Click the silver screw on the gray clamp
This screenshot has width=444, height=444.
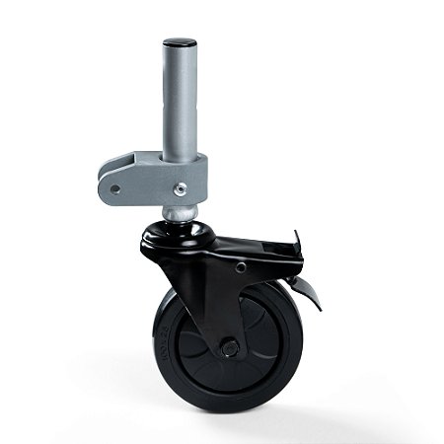[x=180, y=187]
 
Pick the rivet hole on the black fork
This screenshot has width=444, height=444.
[x=240, y=265]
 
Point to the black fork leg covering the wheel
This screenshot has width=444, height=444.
[x=212, y=296]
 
